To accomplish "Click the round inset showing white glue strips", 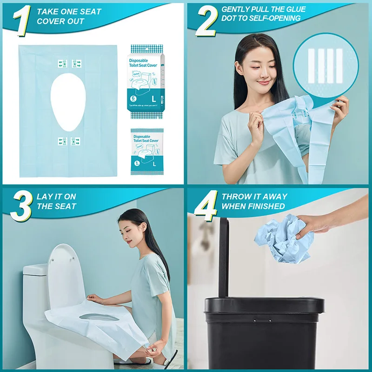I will pos(325,65).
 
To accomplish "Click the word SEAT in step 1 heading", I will pos(86,12).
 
